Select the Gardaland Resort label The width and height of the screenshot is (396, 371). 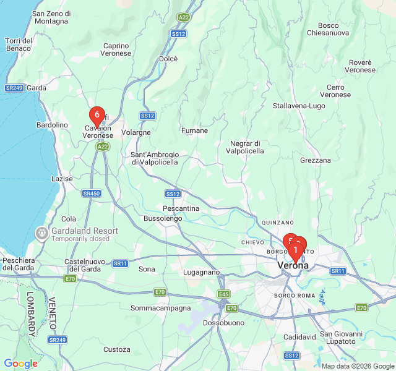tap(85, 231)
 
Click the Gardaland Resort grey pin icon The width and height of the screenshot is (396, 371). tap(42, 232)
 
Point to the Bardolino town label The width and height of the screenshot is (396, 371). tap(52, 125)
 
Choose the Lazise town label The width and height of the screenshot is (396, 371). tap(61, 179)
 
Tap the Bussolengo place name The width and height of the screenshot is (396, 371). tap(163, 218)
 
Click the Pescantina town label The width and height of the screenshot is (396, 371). tap(181, 208)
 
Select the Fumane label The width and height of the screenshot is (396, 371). tap(194, 130)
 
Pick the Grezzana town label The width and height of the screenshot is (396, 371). tap(316, 160)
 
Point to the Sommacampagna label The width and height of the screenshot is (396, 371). tap(159, 307)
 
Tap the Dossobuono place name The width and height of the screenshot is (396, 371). tap(221, 323)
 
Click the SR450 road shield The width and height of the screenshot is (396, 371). tap(91, 194)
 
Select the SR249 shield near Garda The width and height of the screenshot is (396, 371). tap(14, 88)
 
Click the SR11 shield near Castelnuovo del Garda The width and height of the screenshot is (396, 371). tap(120, 263)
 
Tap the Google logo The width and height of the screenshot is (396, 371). tap(20, 364)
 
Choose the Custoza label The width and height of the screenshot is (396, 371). tap(116, 349)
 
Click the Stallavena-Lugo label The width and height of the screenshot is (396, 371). tap(299, 106)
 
